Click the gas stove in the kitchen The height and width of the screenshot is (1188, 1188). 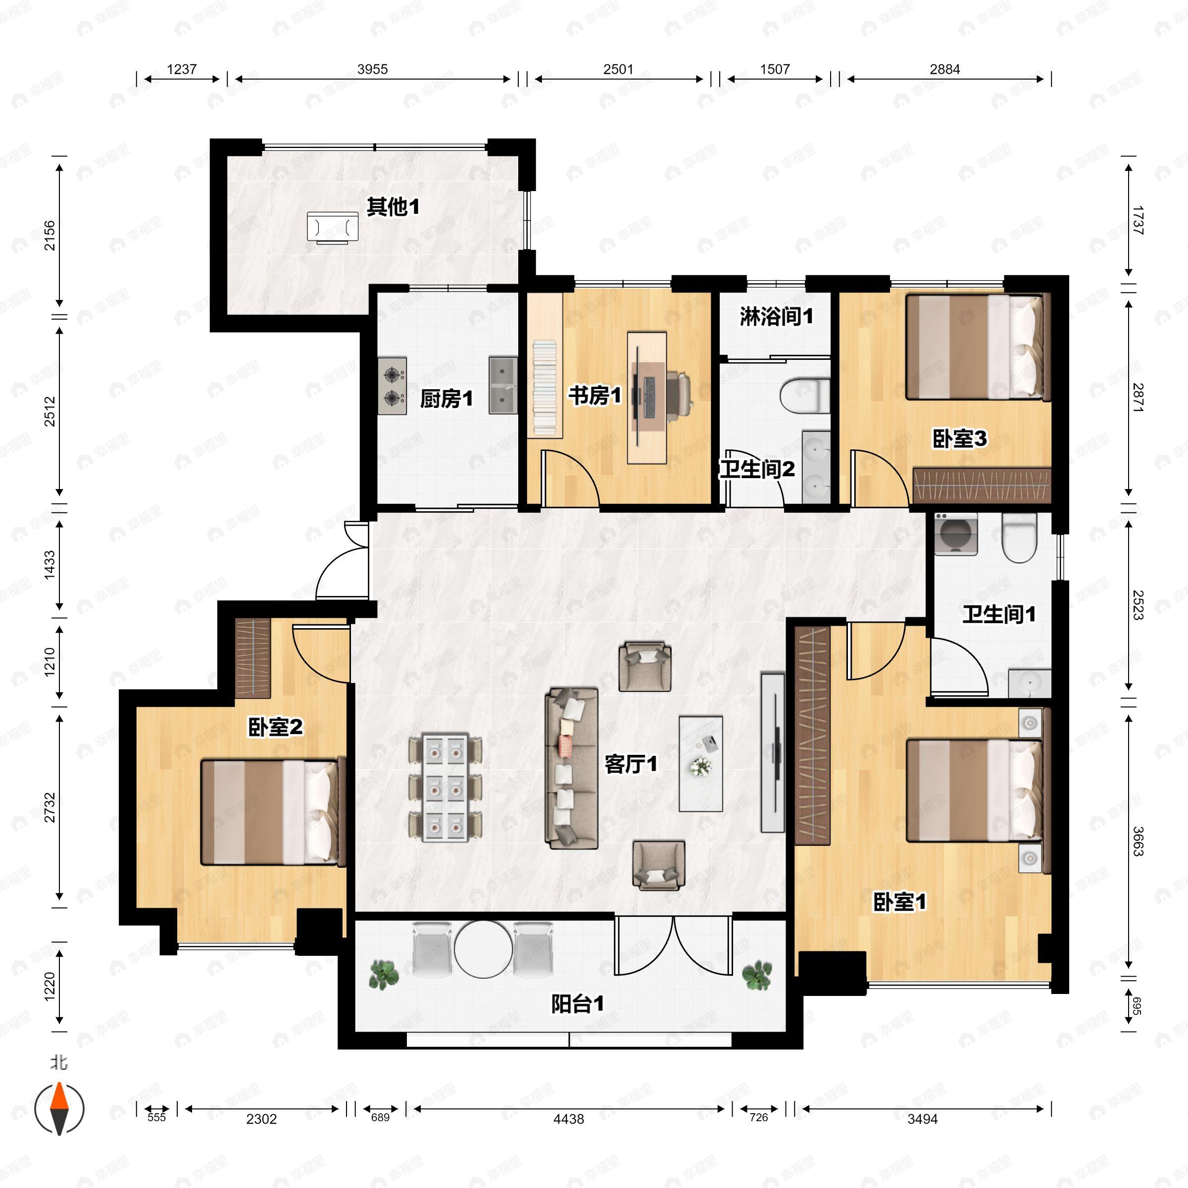point(393,386)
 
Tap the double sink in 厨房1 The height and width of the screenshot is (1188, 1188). point(503,386)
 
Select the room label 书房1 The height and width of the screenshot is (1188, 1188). point(594,396)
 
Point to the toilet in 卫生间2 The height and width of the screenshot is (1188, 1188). point(805,396)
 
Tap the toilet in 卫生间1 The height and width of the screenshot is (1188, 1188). point(1019,538)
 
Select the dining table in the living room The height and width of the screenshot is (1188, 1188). point(445,787)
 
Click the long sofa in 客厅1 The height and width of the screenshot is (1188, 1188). point(571,769)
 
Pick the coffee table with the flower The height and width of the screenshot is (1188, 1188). point(700,763)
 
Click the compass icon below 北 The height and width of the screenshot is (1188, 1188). point(59,1109)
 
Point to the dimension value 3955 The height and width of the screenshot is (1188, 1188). point(373,69)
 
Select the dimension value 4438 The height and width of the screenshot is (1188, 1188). point(568,1119)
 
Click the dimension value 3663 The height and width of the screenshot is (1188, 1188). point(1138,842)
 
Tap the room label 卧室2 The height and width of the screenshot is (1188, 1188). point(276,728)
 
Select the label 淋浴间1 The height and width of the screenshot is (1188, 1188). point(776,317)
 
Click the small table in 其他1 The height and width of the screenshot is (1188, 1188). point(333,228)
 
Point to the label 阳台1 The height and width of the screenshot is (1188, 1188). point(577,1004)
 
